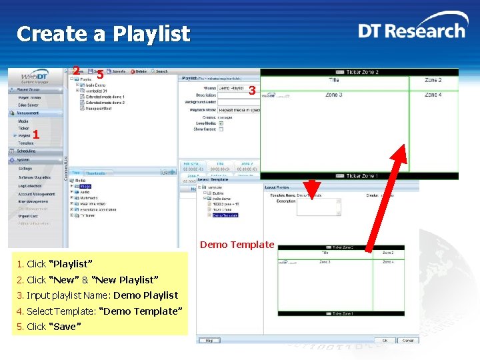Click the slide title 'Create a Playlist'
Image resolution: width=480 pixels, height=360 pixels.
tap(103, 34)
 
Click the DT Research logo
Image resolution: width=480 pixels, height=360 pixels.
tap(411, 31)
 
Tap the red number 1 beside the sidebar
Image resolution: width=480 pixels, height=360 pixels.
tap(36, 135)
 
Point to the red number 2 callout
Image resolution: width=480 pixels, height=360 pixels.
tap(77, 71)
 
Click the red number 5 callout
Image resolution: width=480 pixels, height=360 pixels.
tap(99, 75)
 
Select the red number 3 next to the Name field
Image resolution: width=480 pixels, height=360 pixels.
tap(252, 90)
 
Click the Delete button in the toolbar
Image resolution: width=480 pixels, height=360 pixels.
tap(140, 71)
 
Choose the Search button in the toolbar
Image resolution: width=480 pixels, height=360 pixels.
tap(160, 71)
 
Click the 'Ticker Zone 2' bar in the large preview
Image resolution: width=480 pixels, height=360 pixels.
tap(359, 72)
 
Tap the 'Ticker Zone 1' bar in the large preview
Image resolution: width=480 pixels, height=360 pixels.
tap(359, 176)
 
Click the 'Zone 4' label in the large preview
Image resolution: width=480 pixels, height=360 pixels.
tap(433, 95)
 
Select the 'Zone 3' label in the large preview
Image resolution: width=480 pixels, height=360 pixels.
tap(333, 95)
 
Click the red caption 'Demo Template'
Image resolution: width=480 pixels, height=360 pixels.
tap(237, 245)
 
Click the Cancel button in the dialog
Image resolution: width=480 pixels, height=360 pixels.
tap(407, 340)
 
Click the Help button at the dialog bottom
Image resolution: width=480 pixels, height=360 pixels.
tap(209, 340)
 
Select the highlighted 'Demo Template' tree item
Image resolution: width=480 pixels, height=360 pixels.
tap(225, 215)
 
